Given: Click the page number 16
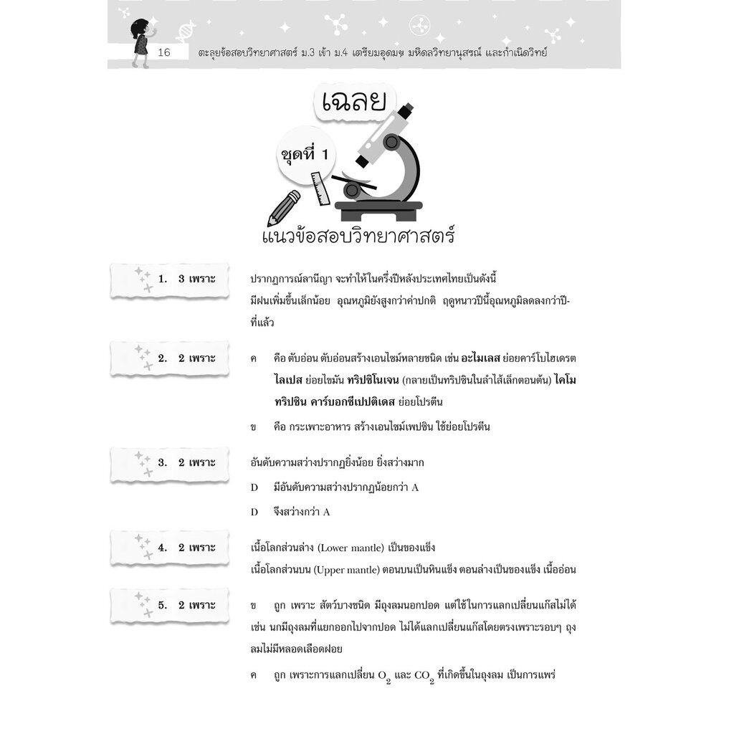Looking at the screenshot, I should (x=163, y=53).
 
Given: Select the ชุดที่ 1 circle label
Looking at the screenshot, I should (x=306, y=153).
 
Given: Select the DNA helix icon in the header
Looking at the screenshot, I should (x=185, y=30).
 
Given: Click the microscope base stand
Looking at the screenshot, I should (x=378, y=210).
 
